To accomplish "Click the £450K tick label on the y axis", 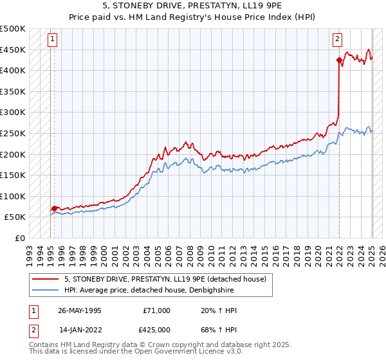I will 13,50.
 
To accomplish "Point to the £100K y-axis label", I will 13,196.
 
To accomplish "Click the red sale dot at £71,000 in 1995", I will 54,208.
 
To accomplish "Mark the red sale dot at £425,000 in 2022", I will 339,60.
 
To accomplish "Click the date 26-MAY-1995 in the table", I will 80,310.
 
